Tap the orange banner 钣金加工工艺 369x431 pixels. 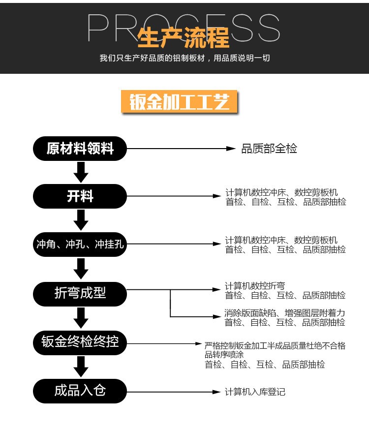click(179, 103)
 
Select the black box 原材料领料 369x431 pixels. click(80, 148)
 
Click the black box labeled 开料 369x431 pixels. click(80, 196)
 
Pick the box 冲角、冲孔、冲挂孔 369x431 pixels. click(80, 244)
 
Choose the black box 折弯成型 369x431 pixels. click(80, 293)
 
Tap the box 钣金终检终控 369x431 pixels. click(80, 342)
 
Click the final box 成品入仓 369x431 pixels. click(80, 391)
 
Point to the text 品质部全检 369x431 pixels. click(269, 149)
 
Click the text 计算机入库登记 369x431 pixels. click(255, 392)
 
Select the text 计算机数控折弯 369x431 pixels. click(255, 286)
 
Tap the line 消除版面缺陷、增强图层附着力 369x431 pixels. click(285, 313)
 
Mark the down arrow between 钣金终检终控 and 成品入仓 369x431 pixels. click(80, 367)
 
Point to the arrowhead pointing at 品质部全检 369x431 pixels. click(231, 149)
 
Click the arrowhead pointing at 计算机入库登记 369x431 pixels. click(216, 392)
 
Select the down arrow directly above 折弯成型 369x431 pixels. click(80, 269)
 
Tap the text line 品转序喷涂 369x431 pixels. click(224, 355)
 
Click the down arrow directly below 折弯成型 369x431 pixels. click(80, 317)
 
